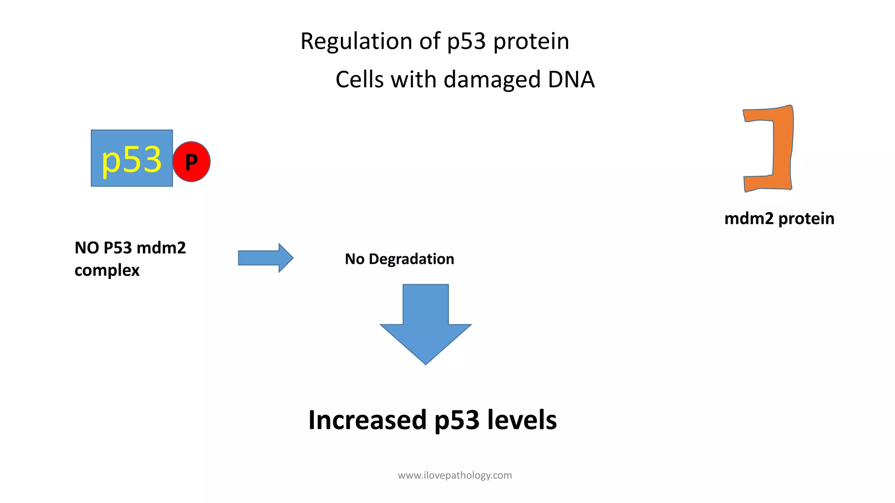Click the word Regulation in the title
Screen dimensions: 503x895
point(356,41)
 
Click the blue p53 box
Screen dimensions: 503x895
point(132,158)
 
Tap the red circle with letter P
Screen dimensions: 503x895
point(191,162)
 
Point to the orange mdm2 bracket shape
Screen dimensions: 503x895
point(781,148)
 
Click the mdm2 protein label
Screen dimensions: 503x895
point(779,218)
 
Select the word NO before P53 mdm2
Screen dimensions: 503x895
point(87,248)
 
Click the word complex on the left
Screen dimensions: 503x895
point(107,270)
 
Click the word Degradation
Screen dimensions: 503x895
point(411,259)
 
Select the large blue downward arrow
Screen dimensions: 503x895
point(425,323)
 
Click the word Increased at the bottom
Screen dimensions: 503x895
point(367,420)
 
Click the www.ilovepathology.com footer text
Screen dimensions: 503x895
point(454,475)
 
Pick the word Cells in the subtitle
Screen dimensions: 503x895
point(359,80)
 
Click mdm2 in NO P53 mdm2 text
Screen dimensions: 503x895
point(161,248)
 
